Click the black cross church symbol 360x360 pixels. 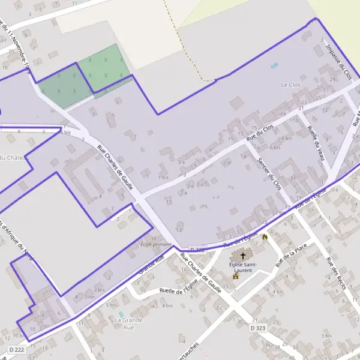pos(242,256)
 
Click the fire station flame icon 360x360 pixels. pos(264,238)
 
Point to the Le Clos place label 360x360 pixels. pos(290,85)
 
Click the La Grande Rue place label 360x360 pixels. pos(128,324)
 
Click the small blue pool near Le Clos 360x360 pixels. pos(274,65)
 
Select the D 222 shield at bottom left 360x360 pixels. pos(17,349)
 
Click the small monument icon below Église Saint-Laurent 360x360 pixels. pos(236,277)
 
